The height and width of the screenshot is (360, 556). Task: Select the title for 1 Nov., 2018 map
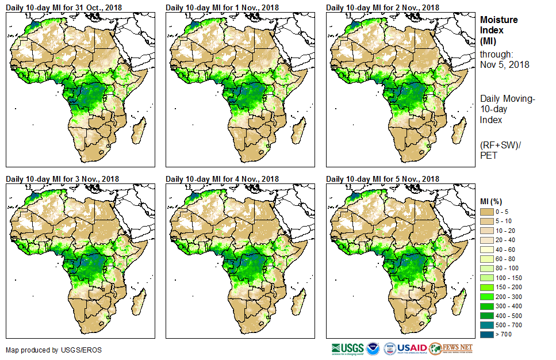tap(222, 7)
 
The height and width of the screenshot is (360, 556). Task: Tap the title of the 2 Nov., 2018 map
tap(382, 7)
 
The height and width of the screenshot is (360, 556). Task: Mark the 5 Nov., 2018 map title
tap(382, 179)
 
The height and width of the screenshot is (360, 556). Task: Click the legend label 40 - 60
tap(507, 250)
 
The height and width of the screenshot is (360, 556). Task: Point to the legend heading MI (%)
tap(493, 201)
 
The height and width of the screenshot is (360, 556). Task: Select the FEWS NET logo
tap(451, 348)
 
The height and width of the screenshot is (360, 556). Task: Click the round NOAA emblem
tap(374, 348)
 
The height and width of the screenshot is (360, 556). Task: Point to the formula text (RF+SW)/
tap(499, 144)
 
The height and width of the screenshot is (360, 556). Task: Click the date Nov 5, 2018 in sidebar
tap(505, 65)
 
